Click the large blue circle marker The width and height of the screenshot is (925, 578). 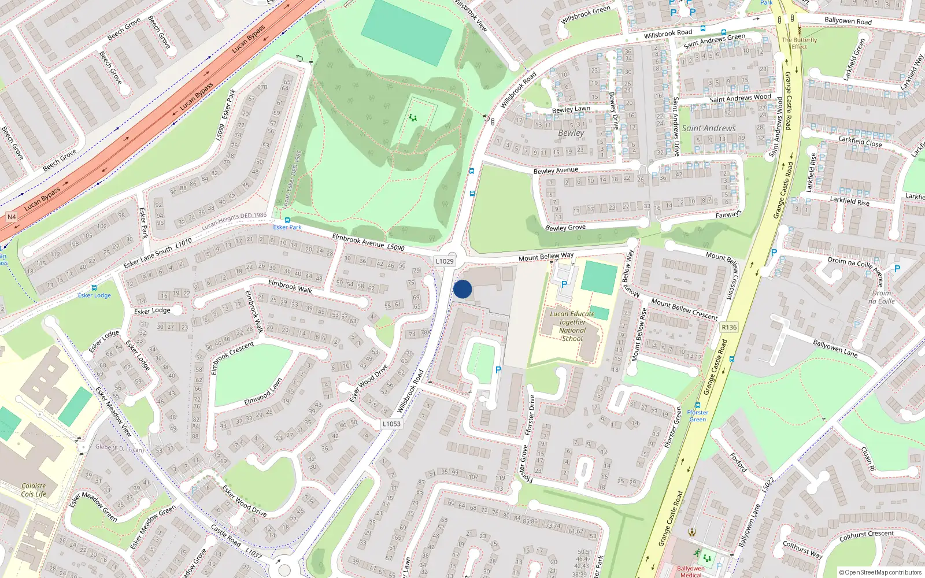click(462, 289)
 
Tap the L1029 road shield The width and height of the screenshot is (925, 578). click(445, 261)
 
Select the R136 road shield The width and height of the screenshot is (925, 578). click(729, 327)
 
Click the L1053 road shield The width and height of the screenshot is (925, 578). click(391, 424)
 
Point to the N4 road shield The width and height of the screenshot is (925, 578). click(11, 217)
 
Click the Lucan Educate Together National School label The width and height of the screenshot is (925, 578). click(572, 327)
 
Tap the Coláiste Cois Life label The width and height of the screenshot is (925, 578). click(34, 490)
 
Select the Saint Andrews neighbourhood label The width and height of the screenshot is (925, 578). click(709, 128)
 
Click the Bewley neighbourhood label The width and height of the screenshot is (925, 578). click(571, 133)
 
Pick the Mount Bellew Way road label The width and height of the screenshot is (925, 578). click(546, 256)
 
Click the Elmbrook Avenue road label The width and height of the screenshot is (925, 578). click(358, 240)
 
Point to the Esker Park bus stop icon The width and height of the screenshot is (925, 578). click(287, 220)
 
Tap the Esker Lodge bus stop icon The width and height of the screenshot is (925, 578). click(94, 288)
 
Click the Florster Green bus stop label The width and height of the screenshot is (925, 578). click(697, 416)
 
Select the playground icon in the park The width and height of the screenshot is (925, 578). click(413, 117)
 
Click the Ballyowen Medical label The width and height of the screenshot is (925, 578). click(690, 572)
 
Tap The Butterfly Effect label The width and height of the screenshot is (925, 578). click(799, 43)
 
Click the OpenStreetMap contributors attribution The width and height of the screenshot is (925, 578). click(880, 572)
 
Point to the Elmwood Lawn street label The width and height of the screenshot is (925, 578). click(263, 392)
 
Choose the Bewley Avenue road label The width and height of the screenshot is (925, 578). click(555, 171)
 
